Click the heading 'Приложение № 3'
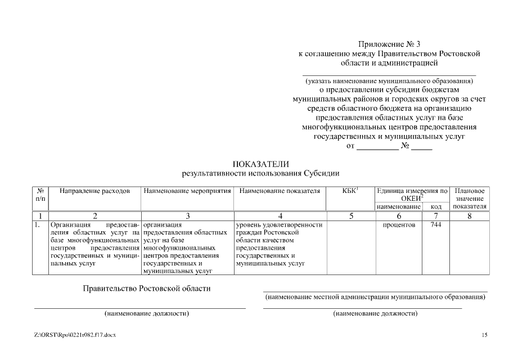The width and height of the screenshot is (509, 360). [x=389, y=44]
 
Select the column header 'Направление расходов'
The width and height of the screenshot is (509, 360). [x=94, y=191]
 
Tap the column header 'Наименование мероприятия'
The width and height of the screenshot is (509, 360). [x=187, y=191]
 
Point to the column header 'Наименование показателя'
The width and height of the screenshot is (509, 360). [x=280, y=191]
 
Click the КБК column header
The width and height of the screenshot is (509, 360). [x=350, y=191]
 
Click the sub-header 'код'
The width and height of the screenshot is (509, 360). [x=436, y=207]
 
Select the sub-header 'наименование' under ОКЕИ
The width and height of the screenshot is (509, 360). [x=399, y=207]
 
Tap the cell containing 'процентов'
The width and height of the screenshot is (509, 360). [x=399, y=225]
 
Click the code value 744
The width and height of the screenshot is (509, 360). [x=436, y=225]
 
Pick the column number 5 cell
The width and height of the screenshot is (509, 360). [x=350, y=215]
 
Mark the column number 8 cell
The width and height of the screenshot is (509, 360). [x=470, y=215]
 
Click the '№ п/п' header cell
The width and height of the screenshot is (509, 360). [x=40, y=195]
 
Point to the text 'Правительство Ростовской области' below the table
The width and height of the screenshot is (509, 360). [x=147, y=289]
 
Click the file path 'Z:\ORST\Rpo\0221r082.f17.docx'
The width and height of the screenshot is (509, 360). [x=75, y=335]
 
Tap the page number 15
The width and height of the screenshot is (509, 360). [x=484, y=335]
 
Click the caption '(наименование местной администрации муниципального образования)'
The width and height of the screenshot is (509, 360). [x=375, y=296]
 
